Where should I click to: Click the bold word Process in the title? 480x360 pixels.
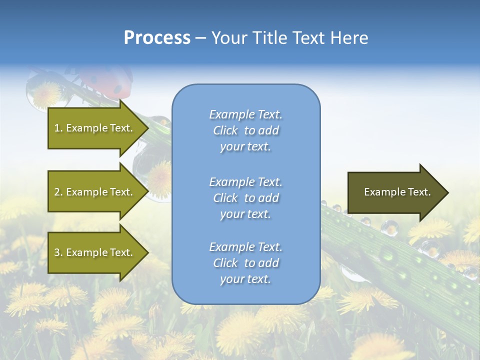point(157,38)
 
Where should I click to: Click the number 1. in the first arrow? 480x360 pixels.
point(58,128)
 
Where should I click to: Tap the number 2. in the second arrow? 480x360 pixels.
point(58,192)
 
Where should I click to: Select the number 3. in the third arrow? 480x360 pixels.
point(58,252)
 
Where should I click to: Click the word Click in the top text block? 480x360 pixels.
point(225,130)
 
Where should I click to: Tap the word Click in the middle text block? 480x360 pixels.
point(225,198)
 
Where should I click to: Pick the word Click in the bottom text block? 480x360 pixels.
point(225,263)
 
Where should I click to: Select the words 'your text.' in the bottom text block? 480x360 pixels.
point(245,279)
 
